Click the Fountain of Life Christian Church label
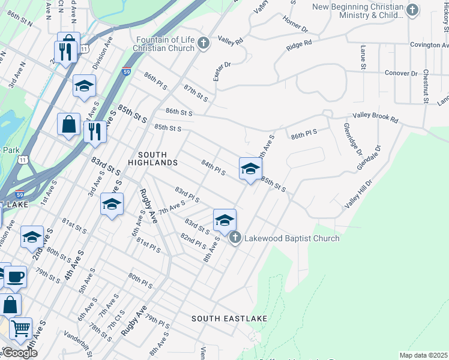click(x=162, y=44)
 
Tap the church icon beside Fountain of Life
click(x=204, y=43)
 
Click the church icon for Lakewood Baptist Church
click(x=235, y=238)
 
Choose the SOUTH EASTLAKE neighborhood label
click(x=229, y=318)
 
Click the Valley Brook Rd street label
click(x=375, y=119)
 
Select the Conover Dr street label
click(x=400, y=73)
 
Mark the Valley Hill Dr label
click(x=358, y=193)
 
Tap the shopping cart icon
click(x=20, y=328)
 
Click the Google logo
click(x=20, y=352)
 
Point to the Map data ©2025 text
click(x=423, y=355)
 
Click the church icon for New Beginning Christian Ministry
click(x=412, y=10)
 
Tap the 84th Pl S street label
click(x=213, y=168)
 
